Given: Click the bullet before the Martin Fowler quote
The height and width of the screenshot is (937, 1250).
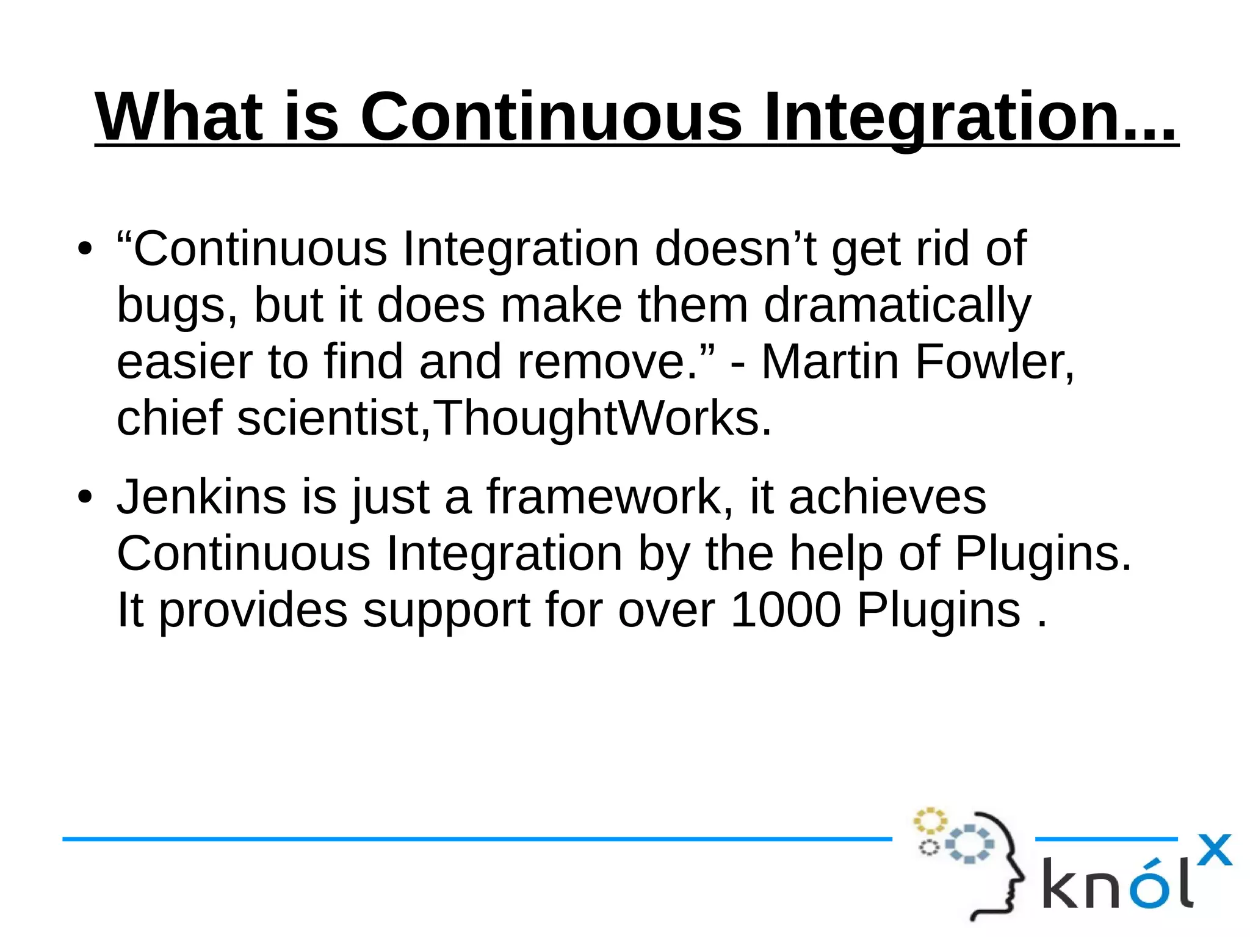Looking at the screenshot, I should (x=85, y=249).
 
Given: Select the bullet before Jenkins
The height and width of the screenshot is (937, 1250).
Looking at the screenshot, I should (x=85, y=497).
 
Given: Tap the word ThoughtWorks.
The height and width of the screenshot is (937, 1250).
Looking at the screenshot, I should (x=604, y=419).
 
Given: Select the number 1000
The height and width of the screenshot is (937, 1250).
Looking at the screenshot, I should (x=786, y=610).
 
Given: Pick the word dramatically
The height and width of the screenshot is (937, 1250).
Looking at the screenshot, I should (x=897, y=305).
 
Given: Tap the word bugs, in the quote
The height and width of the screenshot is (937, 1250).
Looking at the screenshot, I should (x=177, y=305).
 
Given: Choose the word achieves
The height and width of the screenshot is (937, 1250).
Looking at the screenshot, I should (x=887, y=497).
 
